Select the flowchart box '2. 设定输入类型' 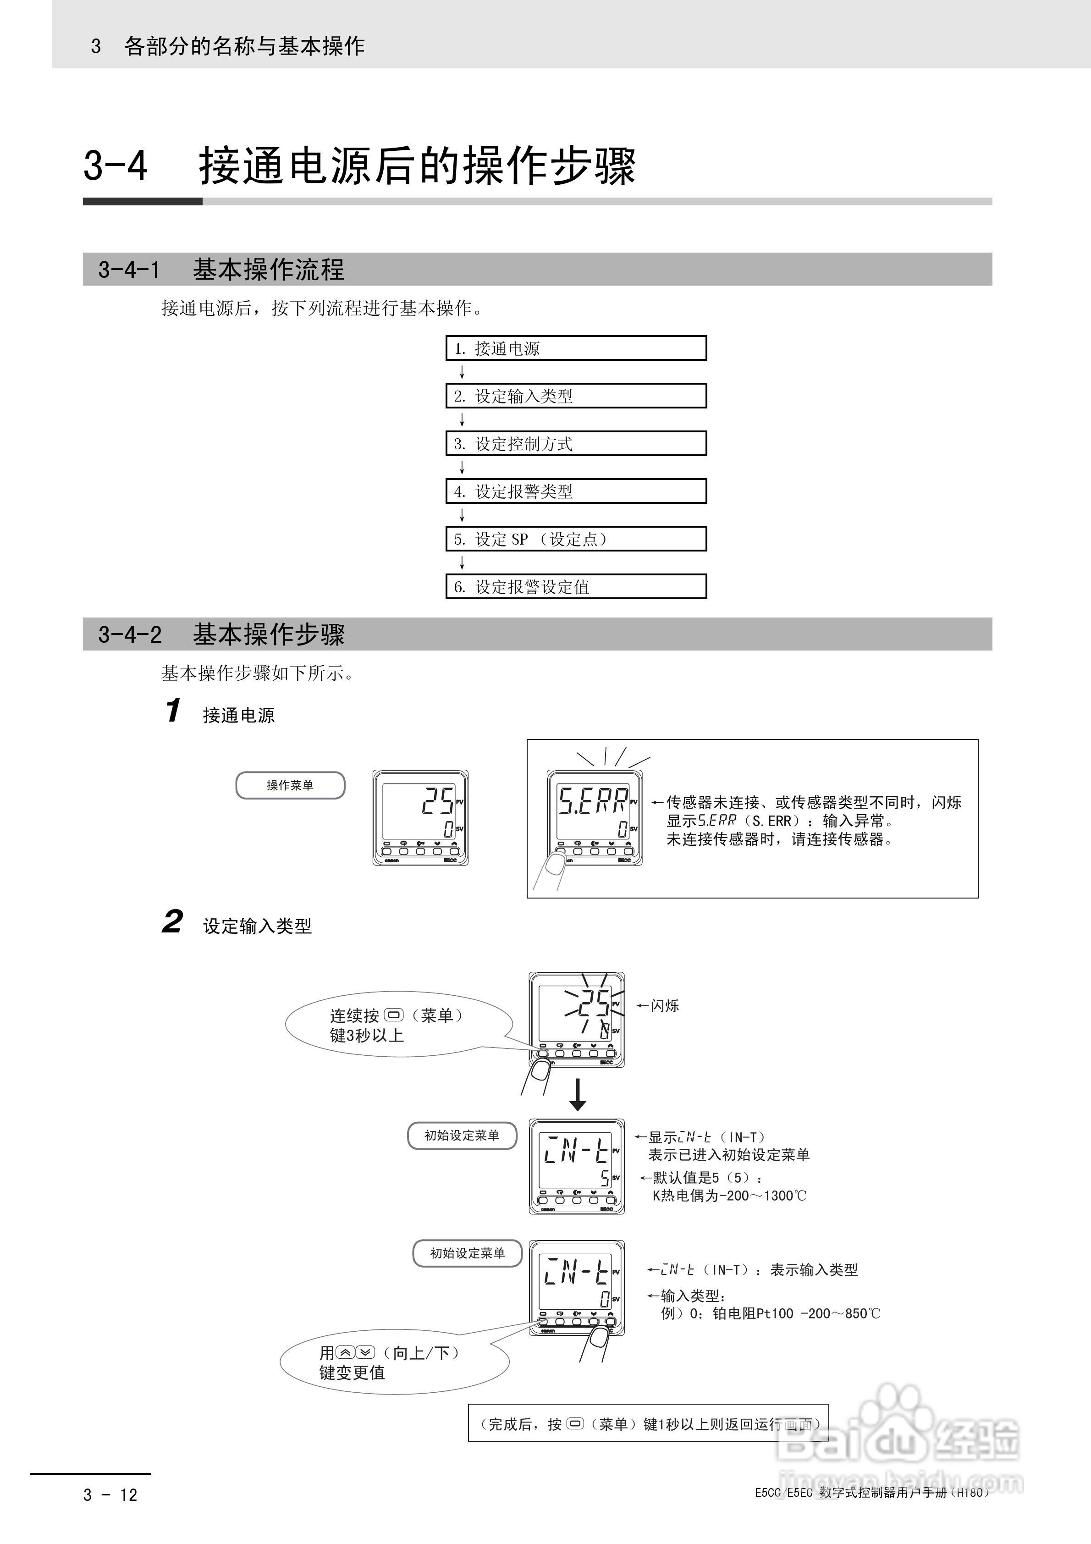tap(576, 396)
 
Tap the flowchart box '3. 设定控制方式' tap(576, 444)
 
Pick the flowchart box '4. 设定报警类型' tap(576, 491)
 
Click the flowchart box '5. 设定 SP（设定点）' tap(576, 539)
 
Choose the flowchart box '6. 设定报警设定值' tap(576, 586)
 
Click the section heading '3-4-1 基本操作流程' tap(222, 270)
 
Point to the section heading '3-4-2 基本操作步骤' tap(222, 634)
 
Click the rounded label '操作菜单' tap(290, 785)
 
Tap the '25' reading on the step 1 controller tap(437, 800)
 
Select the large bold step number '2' tap(172, 922)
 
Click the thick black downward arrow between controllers tap(577, 1096)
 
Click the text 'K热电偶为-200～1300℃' tap(729, 1196)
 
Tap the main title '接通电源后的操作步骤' tap(417, 165)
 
